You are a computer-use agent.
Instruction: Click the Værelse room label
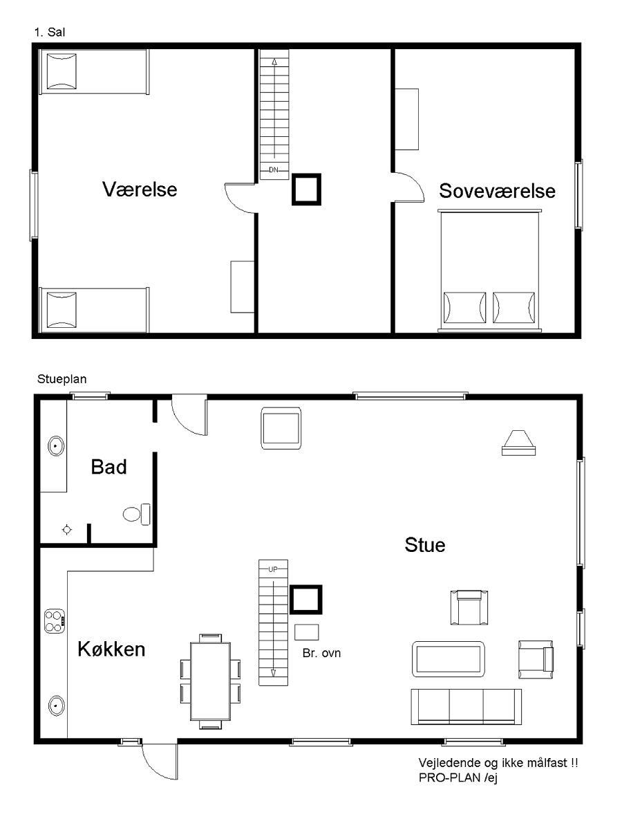pyautogui.click(x=140, y=189)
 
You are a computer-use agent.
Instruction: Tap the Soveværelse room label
pyautogui.click(x=497, y=191)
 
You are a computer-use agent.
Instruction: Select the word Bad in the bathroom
pyautogui.click(x=109, y=467)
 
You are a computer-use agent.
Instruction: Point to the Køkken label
pyautogui.click(x=111, y=649)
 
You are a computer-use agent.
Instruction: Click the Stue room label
pyautogui.click(x=425, y=545)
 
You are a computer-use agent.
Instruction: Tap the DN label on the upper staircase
pyautogui.click(x=274, y=169)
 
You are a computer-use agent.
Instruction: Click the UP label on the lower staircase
pyautogui.click(x=273, y=569)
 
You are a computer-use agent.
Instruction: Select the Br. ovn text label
pyautogui.click(x=322, y=653)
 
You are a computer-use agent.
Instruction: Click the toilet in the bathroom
pyautogui.click(x=137, y=514)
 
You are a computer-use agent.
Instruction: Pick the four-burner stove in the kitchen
pyautogui.click(x=55, y=622)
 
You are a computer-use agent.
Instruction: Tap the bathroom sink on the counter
pyautogui.click(x=55, y=447)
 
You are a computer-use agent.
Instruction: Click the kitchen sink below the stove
pyautogui.click(x=56, y=705)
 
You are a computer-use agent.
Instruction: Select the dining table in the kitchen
pyautogui.click(x=210, y=681)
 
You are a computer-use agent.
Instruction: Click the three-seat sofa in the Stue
pyautogui.click(x=466, y=707)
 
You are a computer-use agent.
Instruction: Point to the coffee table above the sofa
pyautogui.click(x=449, y=659)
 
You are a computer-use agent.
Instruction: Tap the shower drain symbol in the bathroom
pyautogui.click(x=67, y=530)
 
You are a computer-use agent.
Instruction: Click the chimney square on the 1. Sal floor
pyautogui.click(x=306, y=189)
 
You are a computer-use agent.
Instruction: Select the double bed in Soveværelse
pyautogui.click(x=490, y=270)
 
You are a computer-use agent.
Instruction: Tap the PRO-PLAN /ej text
pyautogui.click(x=458, y=777)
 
